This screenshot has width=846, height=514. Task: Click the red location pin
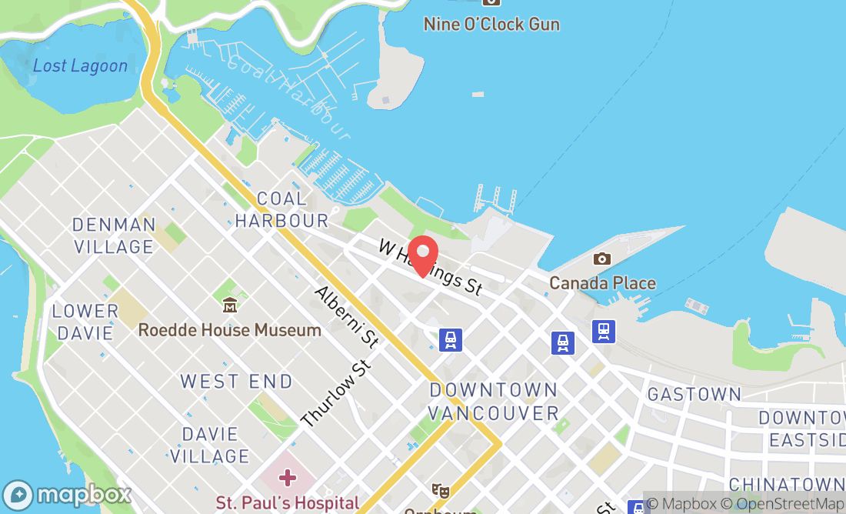point(422,256)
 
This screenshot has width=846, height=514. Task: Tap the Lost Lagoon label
point(80,65)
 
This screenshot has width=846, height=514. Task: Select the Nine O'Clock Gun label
point(491,24)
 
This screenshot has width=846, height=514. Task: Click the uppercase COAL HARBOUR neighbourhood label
point(281,209)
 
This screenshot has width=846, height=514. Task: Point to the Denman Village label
point(114,235)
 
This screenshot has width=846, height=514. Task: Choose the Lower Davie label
point(85,322)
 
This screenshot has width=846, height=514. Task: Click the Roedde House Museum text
point(229,330)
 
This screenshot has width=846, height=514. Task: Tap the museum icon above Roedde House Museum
point(229,305)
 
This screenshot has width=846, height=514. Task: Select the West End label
point(236,381)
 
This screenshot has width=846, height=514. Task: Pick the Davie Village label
point(209,445)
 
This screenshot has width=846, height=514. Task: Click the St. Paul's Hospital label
point(288,503)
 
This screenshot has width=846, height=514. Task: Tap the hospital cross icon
point(288,478)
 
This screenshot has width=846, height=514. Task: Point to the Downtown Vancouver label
point(493,401)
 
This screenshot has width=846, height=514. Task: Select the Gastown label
point(694,394)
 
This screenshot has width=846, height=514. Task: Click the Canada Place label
point(602,282)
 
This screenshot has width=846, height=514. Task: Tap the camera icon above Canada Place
point(602,259)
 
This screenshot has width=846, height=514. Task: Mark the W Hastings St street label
point(431,267)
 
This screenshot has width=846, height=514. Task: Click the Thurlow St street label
point(336,393)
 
